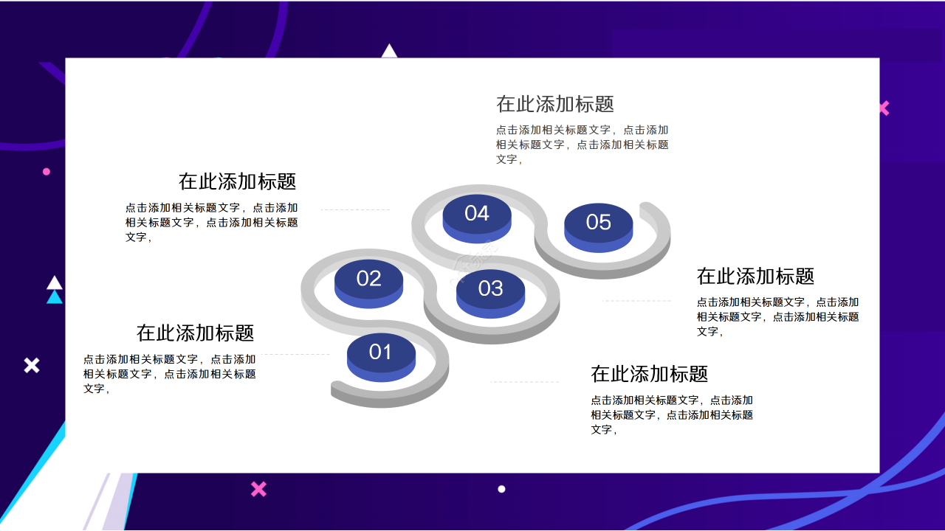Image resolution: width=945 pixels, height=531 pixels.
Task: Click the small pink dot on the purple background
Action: [47, 172]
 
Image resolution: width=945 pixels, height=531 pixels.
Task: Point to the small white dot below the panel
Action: [501, 489]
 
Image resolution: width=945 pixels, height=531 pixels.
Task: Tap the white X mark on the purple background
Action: [32, 365]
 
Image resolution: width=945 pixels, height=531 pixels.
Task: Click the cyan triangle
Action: [55, 298]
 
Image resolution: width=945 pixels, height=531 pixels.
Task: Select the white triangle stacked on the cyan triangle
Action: [55, 283]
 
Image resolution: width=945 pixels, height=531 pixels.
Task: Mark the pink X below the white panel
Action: [258, 489]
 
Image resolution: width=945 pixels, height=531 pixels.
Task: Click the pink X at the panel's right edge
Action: [884, 108]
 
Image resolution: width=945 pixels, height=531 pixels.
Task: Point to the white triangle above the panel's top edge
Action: [389, 52]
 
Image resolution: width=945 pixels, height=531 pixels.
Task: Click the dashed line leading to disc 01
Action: [295, 355]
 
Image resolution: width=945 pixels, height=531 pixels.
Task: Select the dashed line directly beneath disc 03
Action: [524, 382]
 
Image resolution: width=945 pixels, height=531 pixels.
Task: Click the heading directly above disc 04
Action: [555, 104]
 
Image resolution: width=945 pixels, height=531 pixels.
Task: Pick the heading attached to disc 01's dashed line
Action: [196, 333]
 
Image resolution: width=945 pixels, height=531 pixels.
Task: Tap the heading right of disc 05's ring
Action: [755, 277]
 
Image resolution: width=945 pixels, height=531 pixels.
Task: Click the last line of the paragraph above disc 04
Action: [509, 159]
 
